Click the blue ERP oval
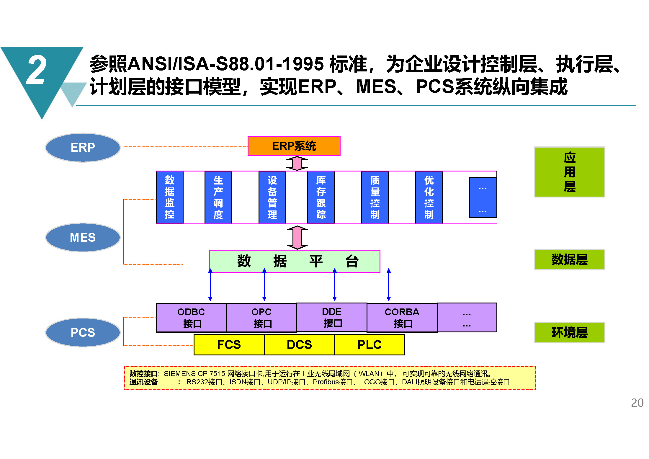coord(83,147)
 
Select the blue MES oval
coord(83,237)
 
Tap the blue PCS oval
coord(83,332)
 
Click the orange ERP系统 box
coord(294,146)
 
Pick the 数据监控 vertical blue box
coord(170,197)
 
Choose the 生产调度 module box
coord(218,197)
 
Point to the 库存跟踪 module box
coord(321,197)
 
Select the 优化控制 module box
coord(429,197)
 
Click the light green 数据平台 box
coord(295,261)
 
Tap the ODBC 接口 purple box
coord(191,318)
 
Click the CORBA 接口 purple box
coord(402,318)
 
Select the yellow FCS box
coord(229,344)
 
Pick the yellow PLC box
coord(370,344)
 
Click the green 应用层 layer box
coord(570,172)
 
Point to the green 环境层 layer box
coord(570,332)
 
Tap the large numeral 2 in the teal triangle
coord(36,70)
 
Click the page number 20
coord(637,403)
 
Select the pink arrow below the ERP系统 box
coord(297,163)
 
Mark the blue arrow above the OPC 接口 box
coord(264,285)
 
